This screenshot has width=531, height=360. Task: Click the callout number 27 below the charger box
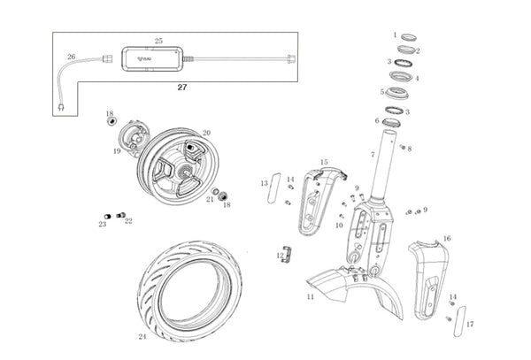coord(182,88)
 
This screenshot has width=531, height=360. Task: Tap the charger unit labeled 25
coord(153,59)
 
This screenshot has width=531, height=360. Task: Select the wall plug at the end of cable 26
coord(61,107)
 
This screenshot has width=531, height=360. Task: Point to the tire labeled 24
coord(190,291)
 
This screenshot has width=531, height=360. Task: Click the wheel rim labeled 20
coord(179,165)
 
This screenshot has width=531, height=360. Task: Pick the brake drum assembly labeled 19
coord(135,138)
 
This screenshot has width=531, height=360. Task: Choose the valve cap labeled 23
coord(107,216)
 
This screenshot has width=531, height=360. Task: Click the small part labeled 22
coord(121,215)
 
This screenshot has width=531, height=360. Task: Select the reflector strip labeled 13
coord(274,188)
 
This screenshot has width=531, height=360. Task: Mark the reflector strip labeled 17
coord(459,321)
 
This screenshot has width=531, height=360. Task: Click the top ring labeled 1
coord(409,37)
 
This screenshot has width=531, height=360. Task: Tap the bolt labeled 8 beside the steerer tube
coord(403,147)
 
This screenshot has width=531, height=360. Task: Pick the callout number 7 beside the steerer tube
coord(373,155)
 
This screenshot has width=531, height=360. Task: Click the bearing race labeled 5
coord(397,93)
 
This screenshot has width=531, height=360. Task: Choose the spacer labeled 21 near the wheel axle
coord(214,191)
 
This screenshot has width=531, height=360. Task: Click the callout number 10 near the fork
coord(339,226)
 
